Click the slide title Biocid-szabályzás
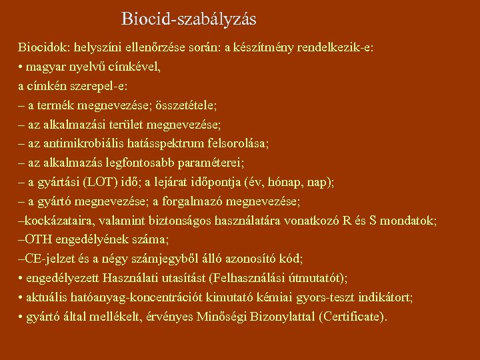click(189, 19)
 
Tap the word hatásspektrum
click(165, 143)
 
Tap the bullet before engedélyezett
click(21, 277)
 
